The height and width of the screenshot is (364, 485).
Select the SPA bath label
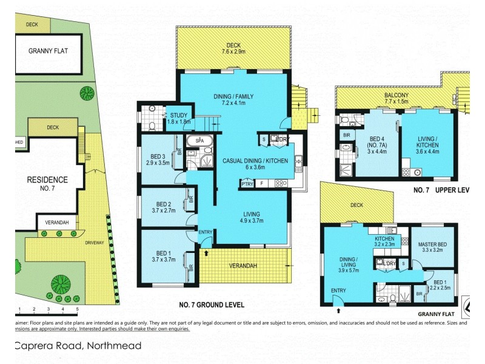pyautogui.click(x=198, y=141)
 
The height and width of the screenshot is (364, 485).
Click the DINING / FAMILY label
pyautogui.click(x=233, y=96)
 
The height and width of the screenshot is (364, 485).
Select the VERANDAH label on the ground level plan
pyautogui.click(x=245, y=266)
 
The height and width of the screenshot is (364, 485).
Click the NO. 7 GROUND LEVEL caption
pyautogui.click(x=212, y=305)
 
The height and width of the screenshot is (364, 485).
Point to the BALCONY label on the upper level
pyautogui.click(x=396, y=95)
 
